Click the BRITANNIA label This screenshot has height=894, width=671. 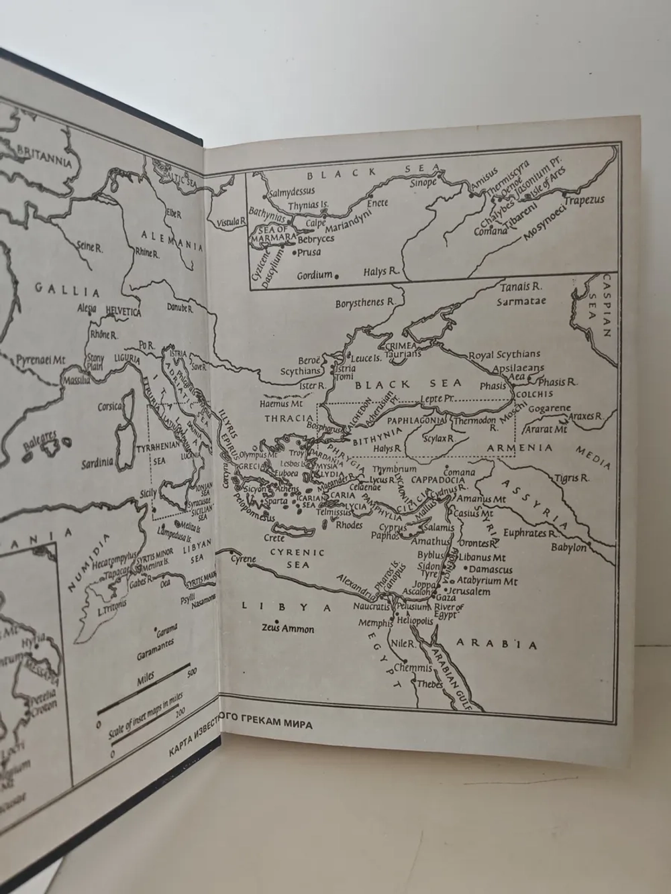[44, 157]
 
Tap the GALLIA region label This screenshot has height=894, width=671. [67, 290]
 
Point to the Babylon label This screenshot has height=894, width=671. [568, 547]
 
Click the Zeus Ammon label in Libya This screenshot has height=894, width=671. [288, 628]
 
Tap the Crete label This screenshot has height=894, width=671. [274, 538]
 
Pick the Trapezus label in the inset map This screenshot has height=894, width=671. [584, 200]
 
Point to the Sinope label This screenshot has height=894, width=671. [423, 182]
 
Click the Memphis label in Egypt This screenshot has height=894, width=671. [374, 623]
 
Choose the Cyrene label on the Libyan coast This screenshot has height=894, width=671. [243, 559]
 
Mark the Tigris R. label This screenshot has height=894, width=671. [571, 478]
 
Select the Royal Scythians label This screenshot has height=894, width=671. [504, 354]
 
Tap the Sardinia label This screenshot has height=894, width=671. [98, 463]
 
